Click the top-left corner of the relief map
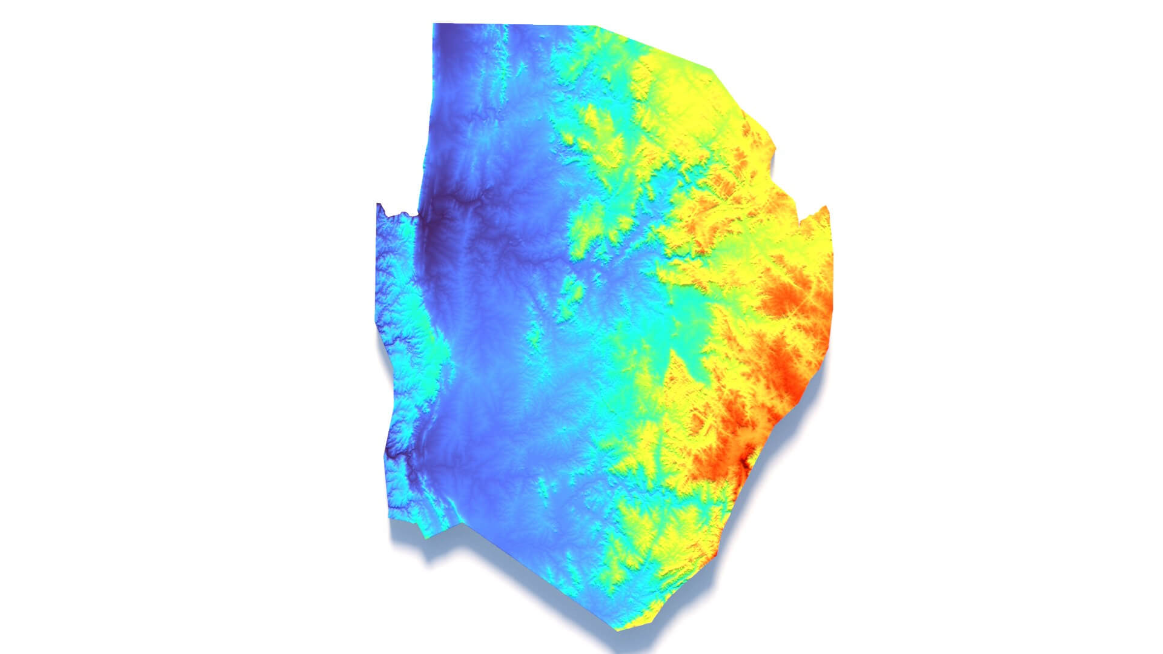pyautogui.click(x=434, y=24)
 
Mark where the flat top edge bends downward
pyautogui.click(x=597, y=27)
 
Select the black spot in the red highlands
pyautogui.click(x=746, y=463)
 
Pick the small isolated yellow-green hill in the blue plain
pyautogui.click(x=571, y=291)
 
